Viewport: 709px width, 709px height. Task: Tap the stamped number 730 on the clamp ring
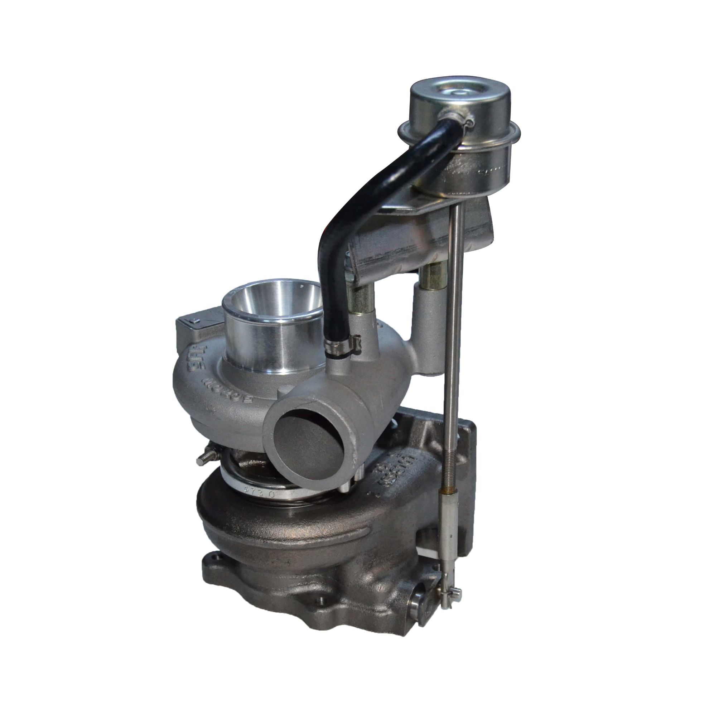[x=259, y=493]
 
